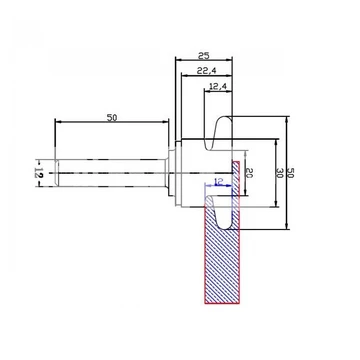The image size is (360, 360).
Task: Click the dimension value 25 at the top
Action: pyautogui.click(x=204, y=56)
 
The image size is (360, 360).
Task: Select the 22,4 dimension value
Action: pyautogui.click(x=207, y=70)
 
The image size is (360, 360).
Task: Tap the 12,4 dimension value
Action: pyautogui.click(x=218, y=86)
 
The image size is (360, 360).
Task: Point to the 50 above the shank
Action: pyautogui.click(x=112, y=117)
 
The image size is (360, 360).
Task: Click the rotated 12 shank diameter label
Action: pyautogui.click(x=39, y=173)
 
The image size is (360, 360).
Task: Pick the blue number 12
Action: pyautogui.click(x=219, y=182)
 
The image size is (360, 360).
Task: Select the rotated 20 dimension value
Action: pyautogui.click(x=249, y=173)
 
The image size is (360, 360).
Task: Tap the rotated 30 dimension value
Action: pyautogui.click(x=279, y=173)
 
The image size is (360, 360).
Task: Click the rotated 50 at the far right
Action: pyautogui.click(x=290, y=173)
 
